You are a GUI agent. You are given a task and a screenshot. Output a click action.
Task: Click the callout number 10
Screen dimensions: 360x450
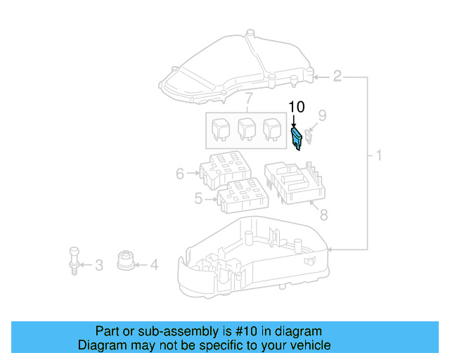[297, 108]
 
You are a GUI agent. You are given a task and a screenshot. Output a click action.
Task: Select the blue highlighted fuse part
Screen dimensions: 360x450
[297, 138]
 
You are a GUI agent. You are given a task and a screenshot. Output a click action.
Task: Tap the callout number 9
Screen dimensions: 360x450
[322, 115]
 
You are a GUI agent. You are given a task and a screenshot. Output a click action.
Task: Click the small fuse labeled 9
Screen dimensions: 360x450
[310, 135]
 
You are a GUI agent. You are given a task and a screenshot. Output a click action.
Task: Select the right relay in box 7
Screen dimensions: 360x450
[271, 129]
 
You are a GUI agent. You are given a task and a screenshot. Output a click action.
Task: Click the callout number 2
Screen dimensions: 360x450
[337, 75]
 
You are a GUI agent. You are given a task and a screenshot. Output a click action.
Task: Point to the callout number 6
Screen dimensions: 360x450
[180, 173]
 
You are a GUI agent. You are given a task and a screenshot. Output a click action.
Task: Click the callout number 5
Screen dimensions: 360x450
[198, 199]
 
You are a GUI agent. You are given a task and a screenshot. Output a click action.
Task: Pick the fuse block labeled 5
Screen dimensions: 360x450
[243, 195]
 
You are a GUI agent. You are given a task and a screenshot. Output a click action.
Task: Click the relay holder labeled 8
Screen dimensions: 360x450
[295, 183]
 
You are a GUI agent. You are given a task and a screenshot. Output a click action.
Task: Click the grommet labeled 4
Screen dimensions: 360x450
[126, 259]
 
